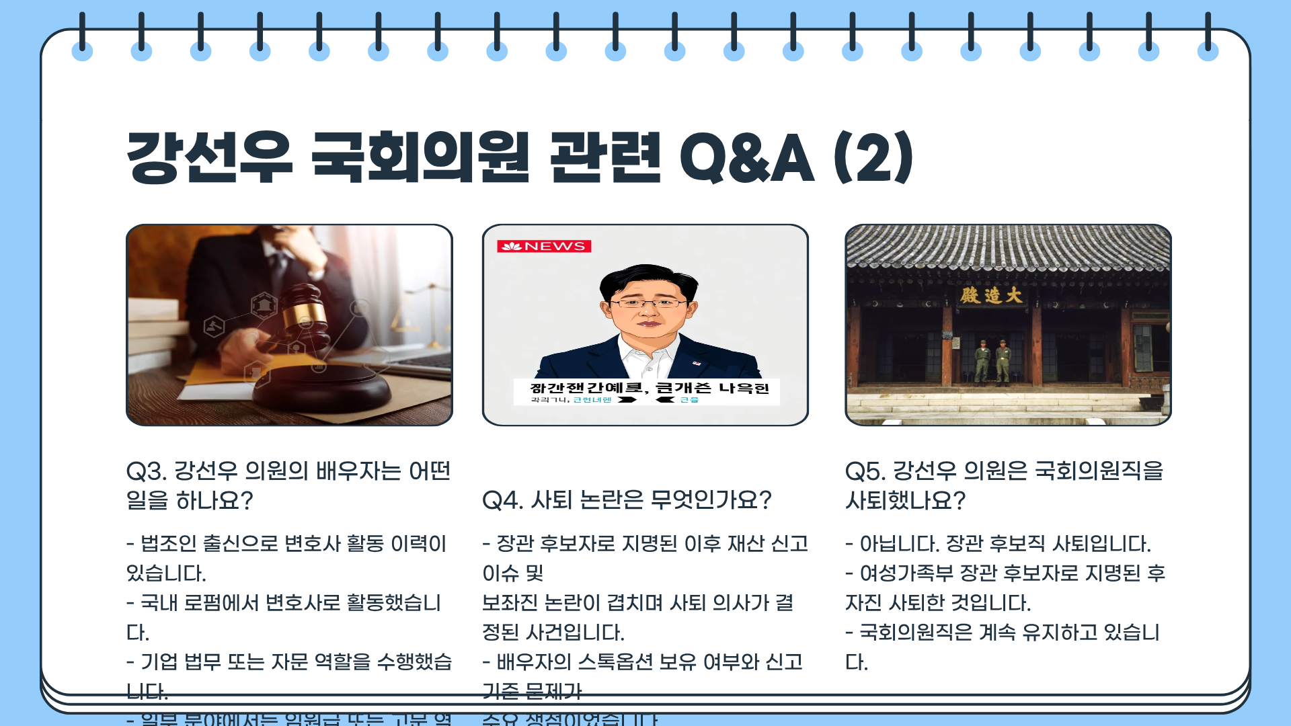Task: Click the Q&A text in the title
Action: (x=747, y=158)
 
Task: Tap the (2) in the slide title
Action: (x=873, y=158)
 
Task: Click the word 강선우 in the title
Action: (x=209, y=158)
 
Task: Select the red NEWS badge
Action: (x=544, y=246)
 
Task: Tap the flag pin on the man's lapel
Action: (x=697, y=363)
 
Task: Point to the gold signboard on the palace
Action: (x=990, y=295)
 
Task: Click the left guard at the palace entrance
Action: (x=982, y=360)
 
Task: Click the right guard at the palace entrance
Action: (x=1003, y=360)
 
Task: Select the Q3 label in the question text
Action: (x=146, y=471)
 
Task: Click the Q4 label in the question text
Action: (x=502, y=501)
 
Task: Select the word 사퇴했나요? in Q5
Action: (x=905, y=501)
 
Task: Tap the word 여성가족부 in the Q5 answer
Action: (x=906, y=573)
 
